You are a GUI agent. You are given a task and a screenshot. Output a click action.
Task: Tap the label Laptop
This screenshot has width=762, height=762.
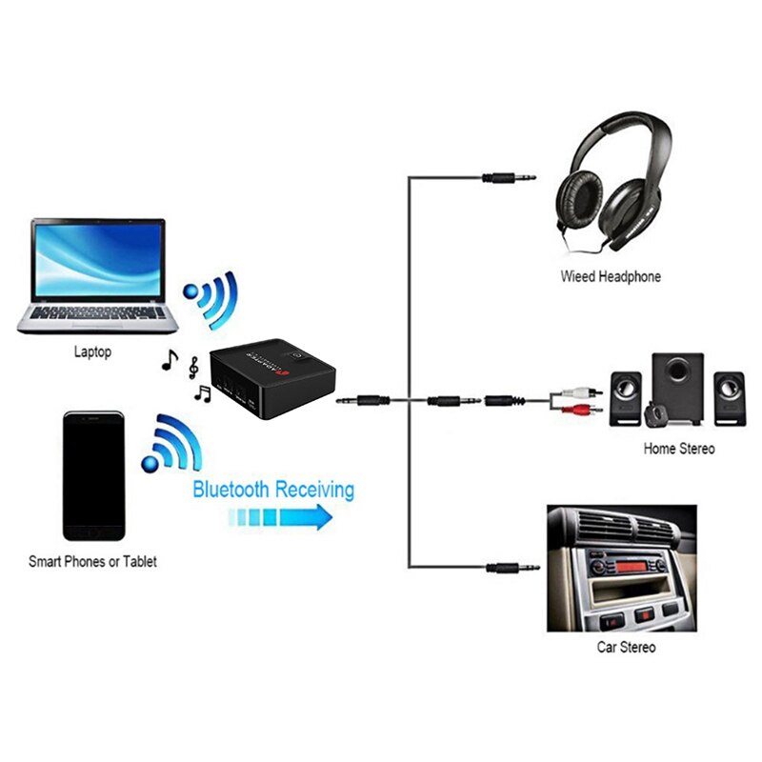[x=92, y=352]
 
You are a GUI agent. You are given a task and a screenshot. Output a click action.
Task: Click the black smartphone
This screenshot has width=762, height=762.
[x=93, y=477]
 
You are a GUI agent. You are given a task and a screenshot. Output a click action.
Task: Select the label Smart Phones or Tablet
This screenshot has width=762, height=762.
[x=92, y=562]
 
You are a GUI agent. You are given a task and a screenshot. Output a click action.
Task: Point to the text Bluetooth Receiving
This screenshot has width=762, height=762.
[x=273, y=491]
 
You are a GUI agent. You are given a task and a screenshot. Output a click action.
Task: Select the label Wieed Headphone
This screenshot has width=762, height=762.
[x=611, y=277]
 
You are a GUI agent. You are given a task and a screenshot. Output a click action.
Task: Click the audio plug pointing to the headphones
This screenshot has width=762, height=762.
[x=509, y=177]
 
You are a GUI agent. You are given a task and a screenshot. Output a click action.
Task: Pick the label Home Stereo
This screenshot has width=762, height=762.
[x=678, y=448]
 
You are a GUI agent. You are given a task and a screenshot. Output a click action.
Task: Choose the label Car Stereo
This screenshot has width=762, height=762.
[x=626, y=648]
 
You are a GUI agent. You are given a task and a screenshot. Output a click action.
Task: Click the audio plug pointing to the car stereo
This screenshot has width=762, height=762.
[x=512, y=568]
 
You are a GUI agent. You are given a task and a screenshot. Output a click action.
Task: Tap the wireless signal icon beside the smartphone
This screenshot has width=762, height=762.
[x=171, y=444]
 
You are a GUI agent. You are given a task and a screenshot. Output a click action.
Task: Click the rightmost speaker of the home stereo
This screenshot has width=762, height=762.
[x=730, y=397]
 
